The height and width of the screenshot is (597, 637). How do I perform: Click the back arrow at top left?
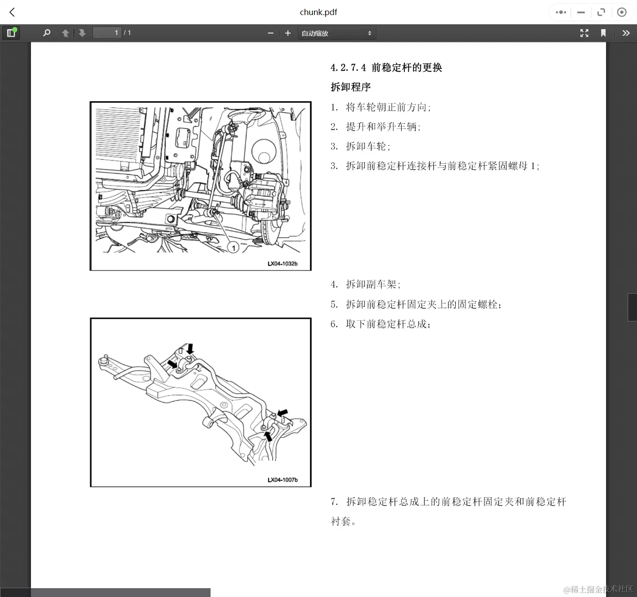12,12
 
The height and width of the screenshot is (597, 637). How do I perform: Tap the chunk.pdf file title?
318,12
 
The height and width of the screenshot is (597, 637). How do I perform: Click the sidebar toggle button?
11,33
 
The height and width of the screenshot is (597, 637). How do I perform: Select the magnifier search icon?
46,33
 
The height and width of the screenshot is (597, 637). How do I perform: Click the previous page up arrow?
65,33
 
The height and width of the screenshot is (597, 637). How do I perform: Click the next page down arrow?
82,33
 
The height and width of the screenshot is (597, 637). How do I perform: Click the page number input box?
107,33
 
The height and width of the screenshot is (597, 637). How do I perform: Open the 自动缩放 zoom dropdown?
336,33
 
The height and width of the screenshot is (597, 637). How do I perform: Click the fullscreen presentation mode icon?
584,33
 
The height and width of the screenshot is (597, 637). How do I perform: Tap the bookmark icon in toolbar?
603,33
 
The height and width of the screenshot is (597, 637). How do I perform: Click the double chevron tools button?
625,33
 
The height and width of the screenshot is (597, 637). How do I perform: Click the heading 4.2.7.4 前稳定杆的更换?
386,68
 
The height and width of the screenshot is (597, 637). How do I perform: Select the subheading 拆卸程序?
351,87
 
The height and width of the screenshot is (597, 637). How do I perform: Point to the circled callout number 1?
234,248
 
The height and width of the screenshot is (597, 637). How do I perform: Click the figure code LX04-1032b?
282,264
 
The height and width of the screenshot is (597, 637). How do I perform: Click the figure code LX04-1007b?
282,480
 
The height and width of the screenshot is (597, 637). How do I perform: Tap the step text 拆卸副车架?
373,284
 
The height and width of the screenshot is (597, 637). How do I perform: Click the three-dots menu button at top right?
561,12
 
